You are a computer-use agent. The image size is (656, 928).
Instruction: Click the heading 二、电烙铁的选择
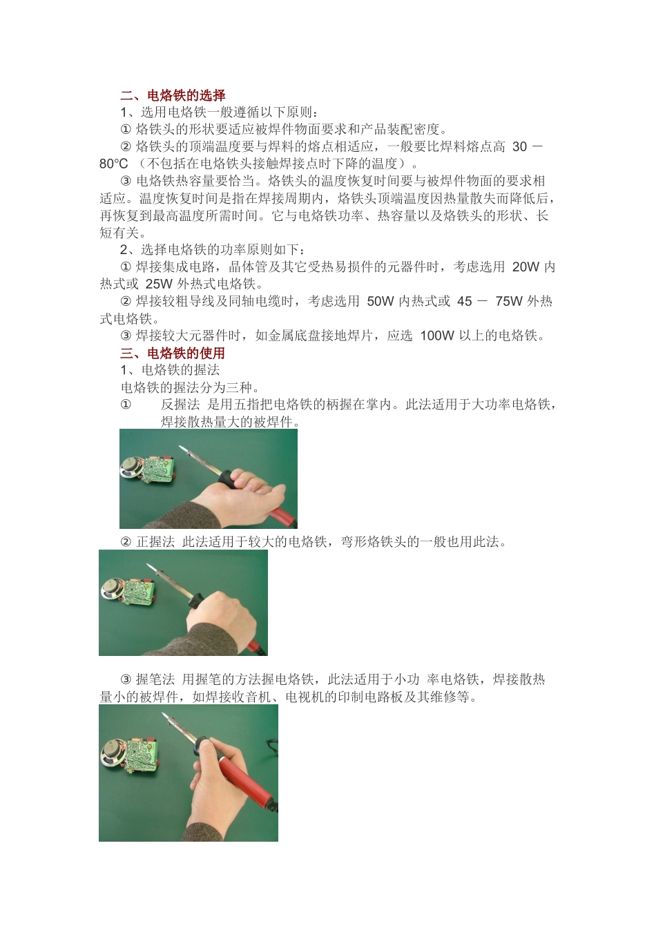[173, 95]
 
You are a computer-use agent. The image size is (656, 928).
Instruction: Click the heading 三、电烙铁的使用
[173, 353]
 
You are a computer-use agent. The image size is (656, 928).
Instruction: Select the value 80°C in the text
[114, 164]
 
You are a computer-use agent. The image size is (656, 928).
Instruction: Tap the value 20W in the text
[526, 267]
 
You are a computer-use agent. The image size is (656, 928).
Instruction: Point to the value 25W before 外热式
[160, 284]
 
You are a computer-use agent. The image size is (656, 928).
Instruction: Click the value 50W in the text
[380, 301]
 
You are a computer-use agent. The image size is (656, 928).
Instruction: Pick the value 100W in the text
[437, 336]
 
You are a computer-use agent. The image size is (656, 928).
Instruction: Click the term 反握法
[180, 405]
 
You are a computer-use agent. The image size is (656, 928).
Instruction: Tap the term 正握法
[155, 542]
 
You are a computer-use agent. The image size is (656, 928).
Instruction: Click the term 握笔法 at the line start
[155, 679]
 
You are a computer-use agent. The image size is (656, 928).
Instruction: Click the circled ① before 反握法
[126, 405]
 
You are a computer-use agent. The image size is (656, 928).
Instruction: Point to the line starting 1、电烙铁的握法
[170, 370]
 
